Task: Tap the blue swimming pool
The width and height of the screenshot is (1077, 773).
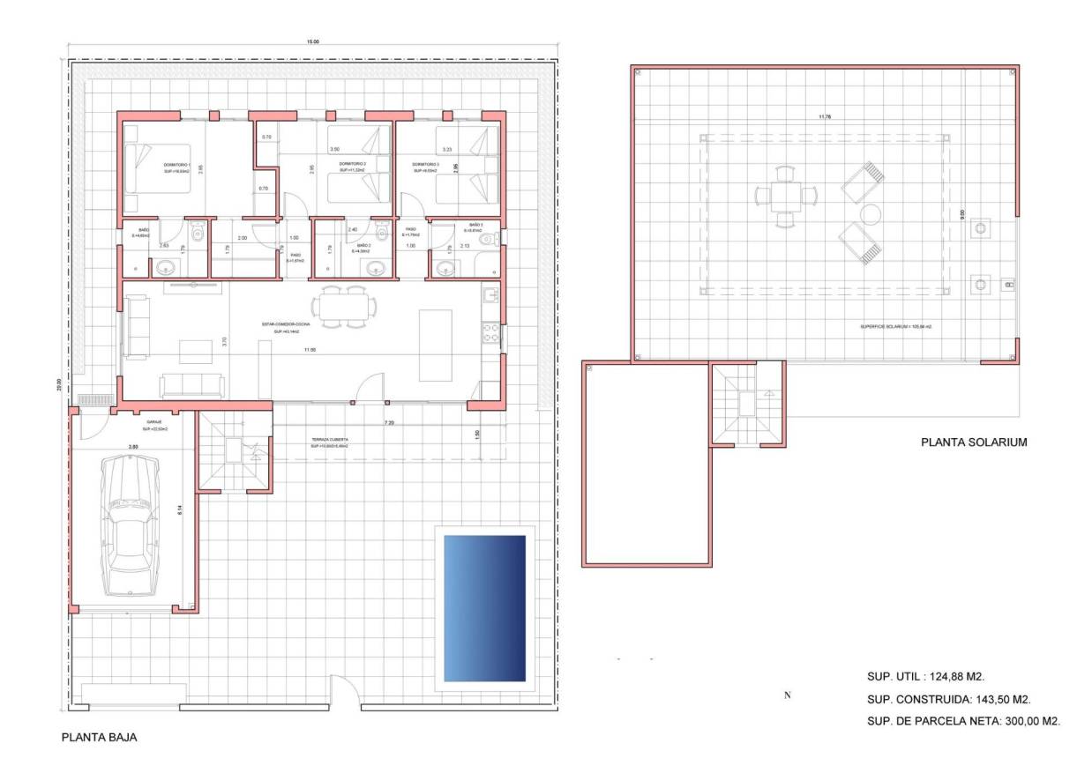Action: pos(484,607)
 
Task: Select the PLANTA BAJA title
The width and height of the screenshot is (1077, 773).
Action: pos(99,737)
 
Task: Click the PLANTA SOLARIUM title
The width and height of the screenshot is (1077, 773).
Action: pos(974,442)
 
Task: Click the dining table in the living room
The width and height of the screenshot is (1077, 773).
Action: pos(345,308)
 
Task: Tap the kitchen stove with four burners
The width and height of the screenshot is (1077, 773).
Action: pos(490,332)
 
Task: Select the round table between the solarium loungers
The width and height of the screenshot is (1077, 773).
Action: pos(871,214)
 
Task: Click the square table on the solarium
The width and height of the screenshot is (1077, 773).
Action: pos(785,195)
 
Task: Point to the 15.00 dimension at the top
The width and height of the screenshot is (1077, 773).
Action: pos(313,41)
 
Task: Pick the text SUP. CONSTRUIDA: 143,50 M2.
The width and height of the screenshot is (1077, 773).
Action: pos(949,699)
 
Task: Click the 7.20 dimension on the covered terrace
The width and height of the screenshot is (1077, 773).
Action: pos(389,424)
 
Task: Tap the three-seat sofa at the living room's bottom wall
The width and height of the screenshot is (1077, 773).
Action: pos(192,385)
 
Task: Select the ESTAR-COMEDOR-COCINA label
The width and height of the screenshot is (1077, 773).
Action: pos(285,324)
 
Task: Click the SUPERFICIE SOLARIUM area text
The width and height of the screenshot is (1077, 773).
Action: pos(895,326)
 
